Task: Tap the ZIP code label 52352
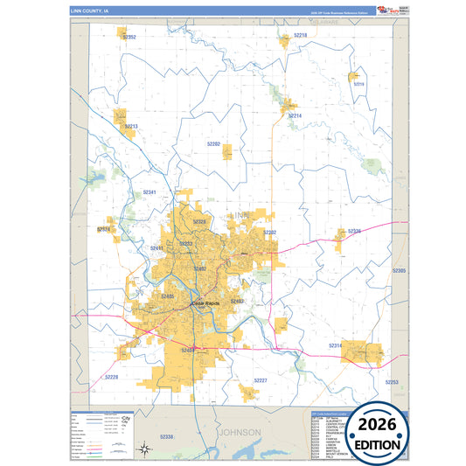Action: point(129,38)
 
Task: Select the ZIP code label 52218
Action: point(300,34)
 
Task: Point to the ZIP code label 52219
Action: point(358,84)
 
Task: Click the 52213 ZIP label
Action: point(131,127)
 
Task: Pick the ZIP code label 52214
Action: point(295,115)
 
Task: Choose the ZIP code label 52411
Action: point(157,249)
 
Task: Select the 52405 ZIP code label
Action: point(168,297)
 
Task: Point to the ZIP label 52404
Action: point(188,350)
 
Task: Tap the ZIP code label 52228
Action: point(111,377)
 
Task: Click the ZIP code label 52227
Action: point(261,380)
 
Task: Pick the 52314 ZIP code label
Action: point(335,346)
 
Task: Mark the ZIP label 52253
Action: point(392,383)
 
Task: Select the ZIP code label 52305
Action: point(399,272)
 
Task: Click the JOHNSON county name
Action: point(240,433)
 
